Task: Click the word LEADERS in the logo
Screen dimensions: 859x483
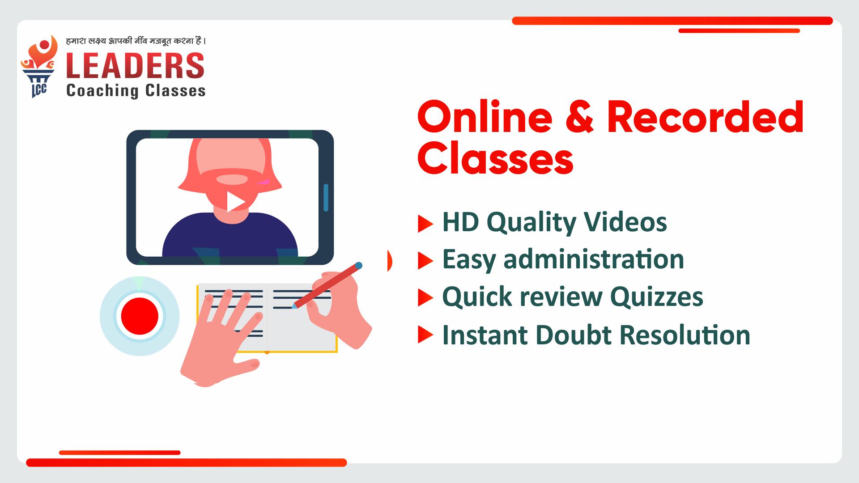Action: (136, 65)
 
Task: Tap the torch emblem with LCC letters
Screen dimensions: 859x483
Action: (39, 67)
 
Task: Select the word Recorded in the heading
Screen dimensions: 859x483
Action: (706, 117)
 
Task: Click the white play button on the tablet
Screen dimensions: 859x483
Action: (235, 202)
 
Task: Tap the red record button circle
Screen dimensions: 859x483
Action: (140, 316)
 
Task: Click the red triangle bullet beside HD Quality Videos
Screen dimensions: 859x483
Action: (425, 224)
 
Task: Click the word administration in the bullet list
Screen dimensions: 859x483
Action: (594, 259)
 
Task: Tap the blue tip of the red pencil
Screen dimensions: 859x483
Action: (358, 266)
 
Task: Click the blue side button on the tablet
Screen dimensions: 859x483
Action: (326, 197)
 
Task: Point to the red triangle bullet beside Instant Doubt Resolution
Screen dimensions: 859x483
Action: (425, 335)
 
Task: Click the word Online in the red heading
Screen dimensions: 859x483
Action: (485, 117)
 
